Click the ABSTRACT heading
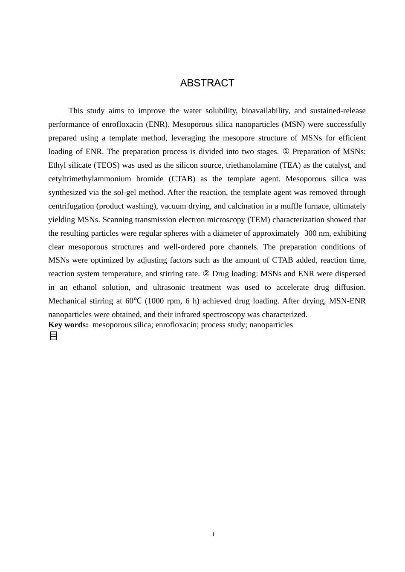(x=207, y=83)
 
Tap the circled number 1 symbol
(x=286, y=152)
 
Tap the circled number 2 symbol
(x=206, y=274)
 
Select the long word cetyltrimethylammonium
(x=90, y=179)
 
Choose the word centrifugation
(x=71, y=206)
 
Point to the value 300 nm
(x=317, y=233)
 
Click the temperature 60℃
(x=133, y=301)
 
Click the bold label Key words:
(x=68, y=325)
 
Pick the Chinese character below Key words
(x=53, y=336)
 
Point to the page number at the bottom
(x=213, y=534)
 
